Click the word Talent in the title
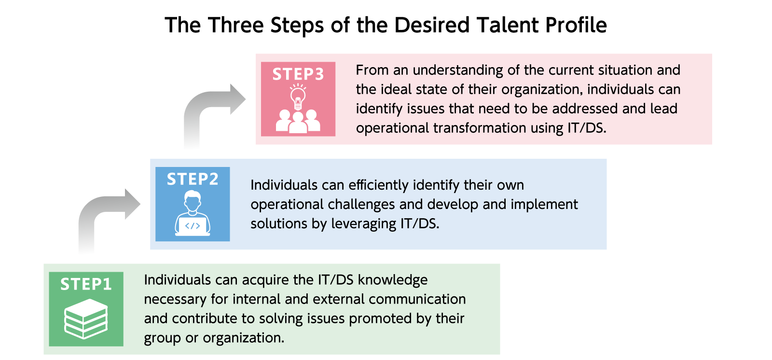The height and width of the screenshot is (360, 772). [x=508, y=25]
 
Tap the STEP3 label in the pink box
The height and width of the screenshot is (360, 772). [x=298, y=74]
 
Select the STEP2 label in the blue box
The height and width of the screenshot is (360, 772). [x=193, y=179]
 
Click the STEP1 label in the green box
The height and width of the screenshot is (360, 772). [x=86, y=284]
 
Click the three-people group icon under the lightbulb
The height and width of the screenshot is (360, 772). [x=298, y=121]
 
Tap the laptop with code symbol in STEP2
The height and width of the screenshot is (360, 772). [x=193, y=225]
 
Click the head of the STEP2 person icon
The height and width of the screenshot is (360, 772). [x=193, y=200]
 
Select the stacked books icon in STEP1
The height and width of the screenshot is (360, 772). [x=86, y=318]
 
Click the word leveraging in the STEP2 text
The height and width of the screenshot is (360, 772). [x=357, y=224]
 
